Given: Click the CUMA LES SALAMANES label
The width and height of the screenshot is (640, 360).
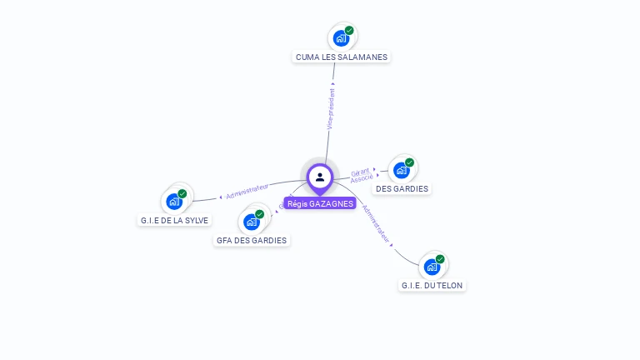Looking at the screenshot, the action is (342, 57).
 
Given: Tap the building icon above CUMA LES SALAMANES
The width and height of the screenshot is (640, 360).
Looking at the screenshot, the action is (340, 38).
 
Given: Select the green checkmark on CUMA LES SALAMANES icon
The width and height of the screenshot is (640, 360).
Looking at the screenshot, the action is (349, 31).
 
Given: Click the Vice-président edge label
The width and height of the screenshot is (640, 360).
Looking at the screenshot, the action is (331, 108).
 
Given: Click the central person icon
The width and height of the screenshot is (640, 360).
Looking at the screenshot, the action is (320, 177).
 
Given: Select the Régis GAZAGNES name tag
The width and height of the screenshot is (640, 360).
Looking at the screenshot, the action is (320, 203).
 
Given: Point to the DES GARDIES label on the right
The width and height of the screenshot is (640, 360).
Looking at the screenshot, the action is (402, 189).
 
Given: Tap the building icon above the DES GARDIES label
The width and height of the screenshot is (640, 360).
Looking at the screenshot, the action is (401, 171).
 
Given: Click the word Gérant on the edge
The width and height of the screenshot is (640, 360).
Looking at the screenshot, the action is (360, 172).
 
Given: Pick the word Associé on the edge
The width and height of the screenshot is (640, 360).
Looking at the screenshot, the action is (362, 179).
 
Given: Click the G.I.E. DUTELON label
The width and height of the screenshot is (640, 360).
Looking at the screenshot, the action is (432, 286).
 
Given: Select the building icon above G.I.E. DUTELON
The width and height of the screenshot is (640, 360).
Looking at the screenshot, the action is (431, 267).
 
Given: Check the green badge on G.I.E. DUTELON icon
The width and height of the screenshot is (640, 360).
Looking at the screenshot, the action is (440, 259).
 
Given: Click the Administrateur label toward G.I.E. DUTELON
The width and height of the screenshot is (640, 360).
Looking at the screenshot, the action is (377, 224).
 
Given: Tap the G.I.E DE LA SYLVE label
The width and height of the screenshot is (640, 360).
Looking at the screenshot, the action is (174, 221).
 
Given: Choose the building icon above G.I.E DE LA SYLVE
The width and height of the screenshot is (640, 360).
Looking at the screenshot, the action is (173, 202).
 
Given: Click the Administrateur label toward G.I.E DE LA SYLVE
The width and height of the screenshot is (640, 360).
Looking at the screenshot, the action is (247, 191).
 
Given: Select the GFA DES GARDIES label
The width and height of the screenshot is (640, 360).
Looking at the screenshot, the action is (252, 241).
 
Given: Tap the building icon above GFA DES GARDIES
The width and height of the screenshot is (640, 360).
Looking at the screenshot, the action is (251, 222).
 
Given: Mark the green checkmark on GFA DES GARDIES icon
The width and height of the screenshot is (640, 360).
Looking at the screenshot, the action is (260, 214).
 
